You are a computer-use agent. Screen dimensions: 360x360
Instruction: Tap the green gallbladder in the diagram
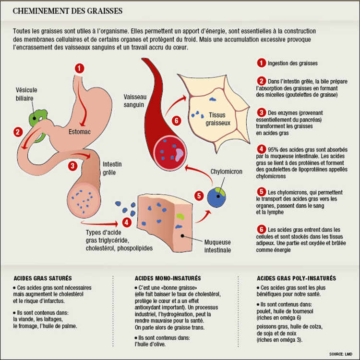tap(36, 117)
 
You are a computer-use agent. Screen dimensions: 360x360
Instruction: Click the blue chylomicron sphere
tap(216, 195)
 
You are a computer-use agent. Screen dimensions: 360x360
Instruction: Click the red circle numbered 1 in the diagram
tap(79, 68)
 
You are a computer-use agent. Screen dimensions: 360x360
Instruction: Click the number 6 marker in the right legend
tap(261, 229)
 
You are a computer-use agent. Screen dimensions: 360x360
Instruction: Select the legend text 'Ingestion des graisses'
tap(292, 63)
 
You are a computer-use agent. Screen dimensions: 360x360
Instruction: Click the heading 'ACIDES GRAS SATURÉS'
tap(43, 278)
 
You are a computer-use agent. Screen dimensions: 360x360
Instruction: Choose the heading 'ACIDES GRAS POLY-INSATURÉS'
tap(296, 278)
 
